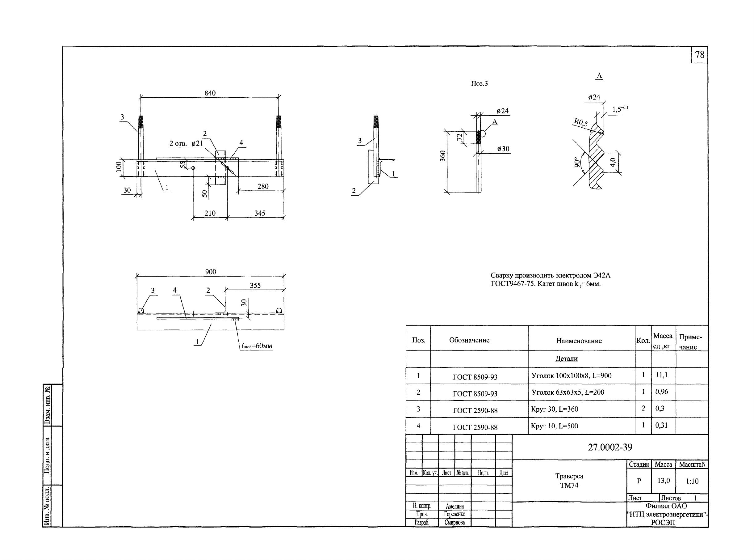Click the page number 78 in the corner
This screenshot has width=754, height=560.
pyautogui.click(x=699, y=55)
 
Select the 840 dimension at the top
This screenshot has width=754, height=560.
pyautogui.click(x=210, y=93)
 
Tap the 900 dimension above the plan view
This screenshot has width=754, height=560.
pyautogui.click(x=211, y=272)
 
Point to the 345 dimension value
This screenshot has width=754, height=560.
pyautogui.click(x=260, y=213)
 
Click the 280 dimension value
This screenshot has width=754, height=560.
pyautogui.click(x=263, y=186)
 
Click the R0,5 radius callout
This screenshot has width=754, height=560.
pyautogui.click(x=581, y=122)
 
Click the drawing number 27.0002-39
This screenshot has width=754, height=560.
pyautogui.click(x=610, y=447)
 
